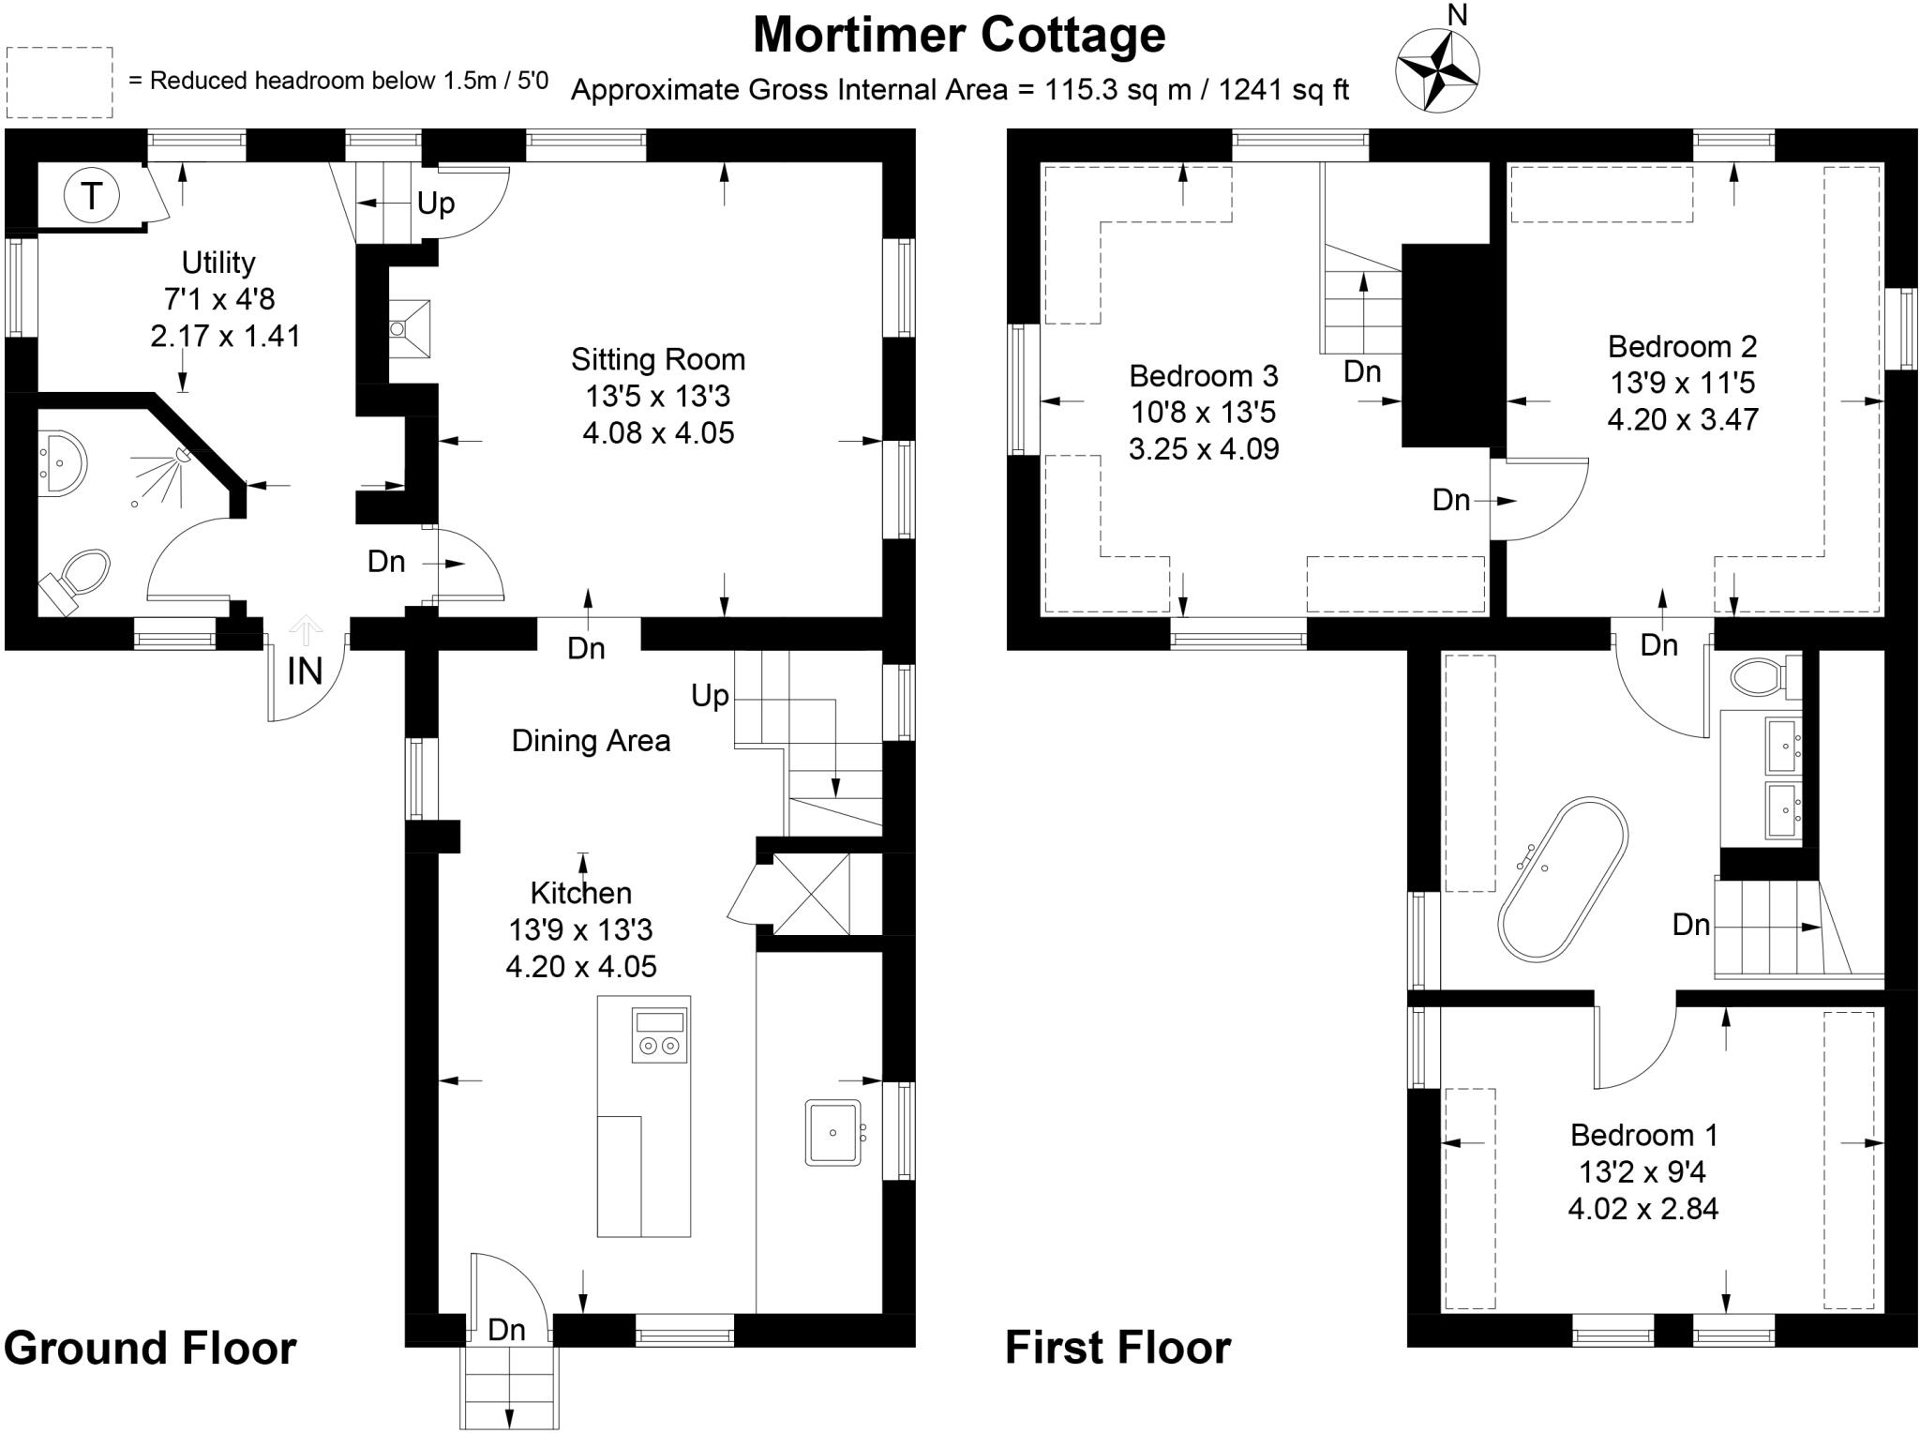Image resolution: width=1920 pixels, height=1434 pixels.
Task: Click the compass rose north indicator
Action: (1437, 69)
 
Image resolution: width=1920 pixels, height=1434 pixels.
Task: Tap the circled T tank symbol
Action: (91, 197)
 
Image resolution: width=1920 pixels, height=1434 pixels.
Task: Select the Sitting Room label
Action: (658, 359)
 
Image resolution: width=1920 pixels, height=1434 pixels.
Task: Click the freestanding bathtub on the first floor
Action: (1563, 879)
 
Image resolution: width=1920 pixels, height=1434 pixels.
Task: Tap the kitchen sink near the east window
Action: (832, 1132)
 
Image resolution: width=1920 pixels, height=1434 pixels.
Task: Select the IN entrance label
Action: (305, 672)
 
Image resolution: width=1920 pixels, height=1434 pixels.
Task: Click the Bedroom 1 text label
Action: (1643, 1136)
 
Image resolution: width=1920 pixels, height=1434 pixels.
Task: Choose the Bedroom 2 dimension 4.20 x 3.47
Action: (1682, 419)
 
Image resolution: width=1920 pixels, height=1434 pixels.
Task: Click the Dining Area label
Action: (591, 741)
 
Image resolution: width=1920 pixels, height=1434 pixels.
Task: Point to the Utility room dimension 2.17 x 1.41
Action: (225, 336)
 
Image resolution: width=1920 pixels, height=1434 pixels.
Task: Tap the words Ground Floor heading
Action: (150, 1348)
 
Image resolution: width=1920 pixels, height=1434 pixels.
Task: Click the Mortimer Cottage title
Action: (959, 36)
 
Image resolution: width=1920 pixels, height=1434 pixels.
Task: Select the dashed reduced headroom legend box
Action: (60, 83)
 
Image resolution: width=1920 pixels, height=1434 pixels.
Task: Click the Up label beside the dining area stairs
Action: (710, 696)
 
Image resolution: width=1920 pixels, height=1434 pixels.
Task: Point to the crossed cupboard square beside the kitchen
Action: (811, 895)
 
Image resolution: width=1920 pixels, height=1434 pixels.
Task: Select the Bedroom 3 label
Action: (1203, 376)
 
